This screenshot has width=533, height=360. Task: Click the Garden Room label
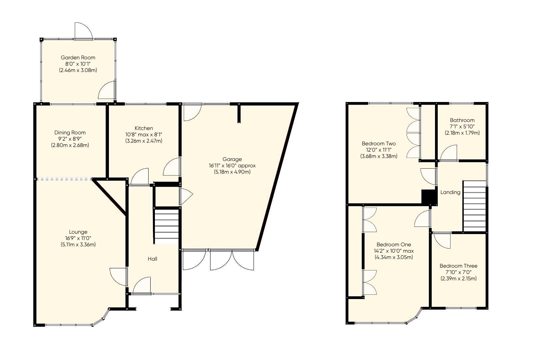click(78, 57)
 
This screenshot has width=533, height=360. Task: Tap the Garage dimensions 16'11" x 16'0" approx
click(232, 166)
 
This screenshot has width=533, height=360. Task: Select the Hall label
click(153, 259)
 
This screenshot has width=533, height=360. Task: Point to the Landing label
click(450, 192)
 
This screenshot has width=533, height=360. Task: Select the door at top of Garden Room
click(83, 31)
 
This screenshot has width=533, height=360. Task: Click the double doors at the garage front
click(232, 260)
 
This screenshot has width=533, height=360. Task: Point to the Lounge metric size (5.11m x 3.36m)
click(78, 245)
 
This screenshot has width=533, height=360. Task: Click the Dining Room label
click(70, 132)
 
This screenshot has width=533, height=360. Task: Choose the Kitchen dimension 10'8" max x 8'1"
click(144, 134)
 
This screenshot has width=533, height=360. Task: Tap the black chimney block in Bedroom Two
click(429, 197)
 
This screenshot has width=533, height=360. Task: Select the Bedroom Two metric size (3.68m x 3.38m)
click(379, 156)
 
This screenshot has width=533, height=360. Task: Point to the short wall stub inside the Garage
click(239, 113)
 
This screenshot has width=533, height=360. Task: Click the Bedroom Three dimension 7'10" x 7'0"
click(458, 272)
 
